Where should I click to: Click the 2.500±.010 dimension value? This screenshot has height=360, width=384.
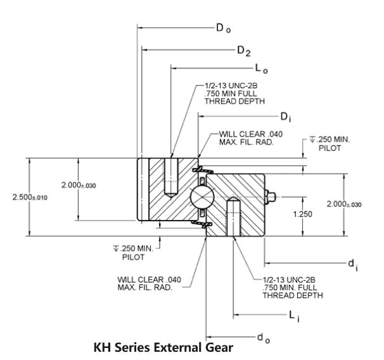(x=30, y=197)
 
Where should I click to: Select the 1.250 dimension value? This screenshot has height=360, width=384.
(x=302, y=214)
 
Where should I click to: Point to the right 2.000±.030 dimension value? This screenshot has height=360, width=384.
(x=344, y=204)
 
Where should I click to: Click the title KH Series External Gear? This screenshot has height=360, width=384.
(x=163, y=348)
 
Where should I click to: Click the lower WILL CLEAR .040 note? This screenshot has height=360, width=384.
(x=150, y=283)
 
